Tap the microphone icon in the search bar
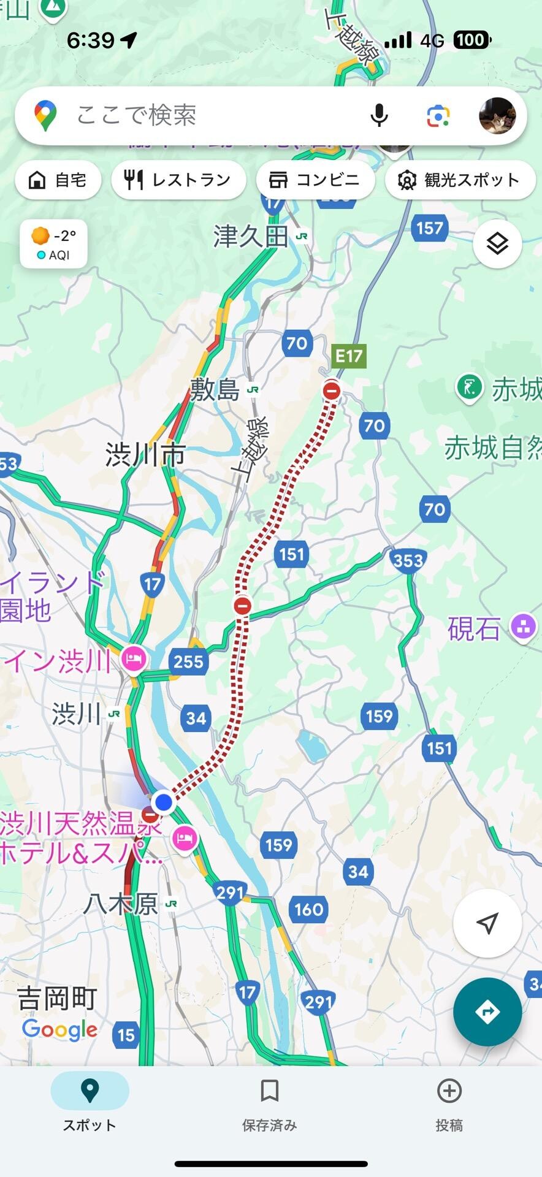(380, 115)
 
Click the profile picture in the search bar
(497, 115)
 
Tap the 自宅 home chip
(58, 180)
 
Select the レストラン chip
(178, 180)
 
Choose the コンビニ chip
(315, 180)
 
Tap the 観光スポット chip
(460, 180)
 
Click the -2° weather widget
(53, 244)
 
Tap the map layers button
(497, 243)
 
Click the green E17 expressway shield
(348, 356)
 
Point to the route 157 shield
(429, 228)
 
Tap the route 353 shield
(408, 560)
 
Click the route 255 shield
(188, 661)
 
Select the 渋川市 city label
(145, 455)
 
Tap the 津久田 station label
(251, 236)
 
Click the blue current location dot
(163, 802)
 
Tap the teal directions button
(487, 1011)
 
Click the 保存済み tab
(270, 1106)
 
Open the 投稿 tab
(449, 1106)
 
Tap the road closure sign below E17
(332, 390)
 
